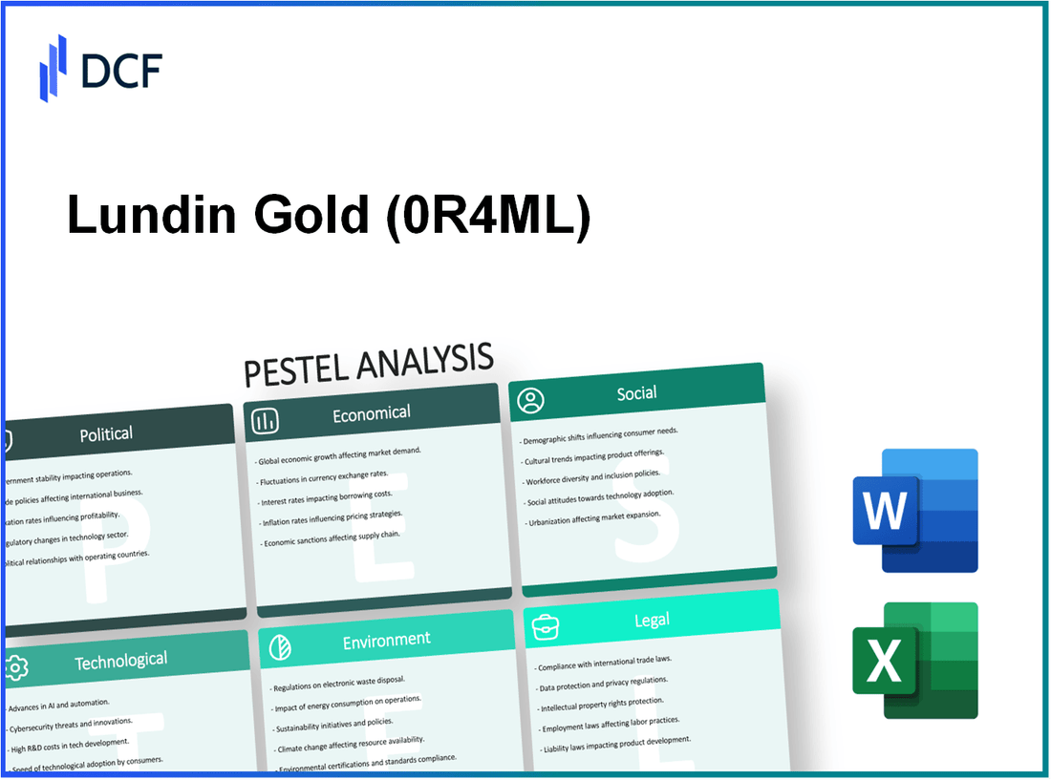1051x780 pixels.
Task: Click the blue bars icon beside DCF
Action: click(54, 68)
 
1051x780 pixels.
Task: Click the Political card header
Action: click(106, 433)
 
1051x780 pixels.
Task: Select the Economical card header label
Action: click(371, 413)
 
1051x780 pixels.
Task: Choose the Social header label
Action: click(636, 392)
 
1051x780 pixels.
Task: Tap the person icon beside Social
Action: click(530, 401)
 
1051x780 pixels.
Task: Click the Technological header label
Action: click(121, 660)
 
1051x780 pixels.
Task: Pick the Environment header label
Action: click(386, 639)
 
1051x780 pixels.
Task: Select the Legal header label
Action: click(652, 621)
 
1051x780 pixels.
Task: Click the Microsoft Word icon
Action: click(914, 511)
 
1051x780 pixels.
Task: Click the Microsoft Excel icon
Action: click(914, 661)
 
